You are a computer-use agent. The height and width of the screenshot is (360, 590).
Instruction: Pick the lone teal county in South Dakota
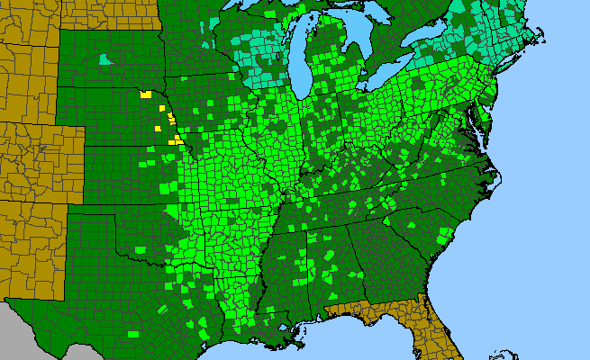click(107, 60)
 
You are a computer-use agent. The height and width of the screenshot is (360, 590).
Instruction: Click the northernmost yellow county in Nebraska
click(144, 94)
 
